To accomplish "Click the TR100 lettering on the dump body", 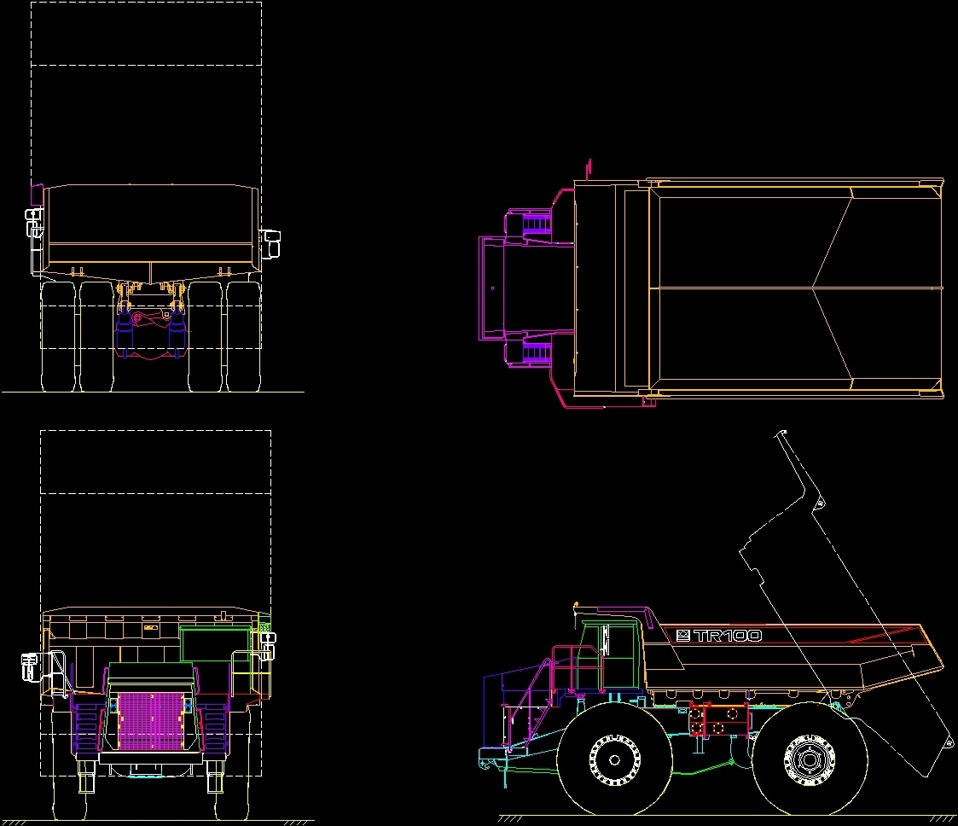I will pyautogui.click(x=728, y=636).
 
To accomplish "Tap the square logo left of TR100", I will pyautogui.click(x=682, y=636).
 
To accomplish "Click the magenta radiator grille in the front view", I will pyautogui.click(x=150, y=721).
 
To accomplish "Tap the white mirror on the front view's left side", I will pyautogui.click(x=31, y=666).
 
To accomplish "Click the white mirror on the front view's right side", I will pyautogui.click(x=269, y=645).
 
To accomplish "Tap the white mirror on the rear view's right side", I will pyautogui.click(x=272, y=242).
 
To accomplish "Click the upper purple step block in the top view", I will pyautogui.click(x=537, y=223).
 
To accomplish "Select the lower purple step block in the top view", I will pyautogui.click(x=537, y=352).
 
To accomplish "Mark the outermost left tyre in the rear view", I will pyautogui.click(x=57, y=337).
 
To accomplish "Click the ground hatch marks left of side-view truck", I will pyautogui.click(x=510, y=818).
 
